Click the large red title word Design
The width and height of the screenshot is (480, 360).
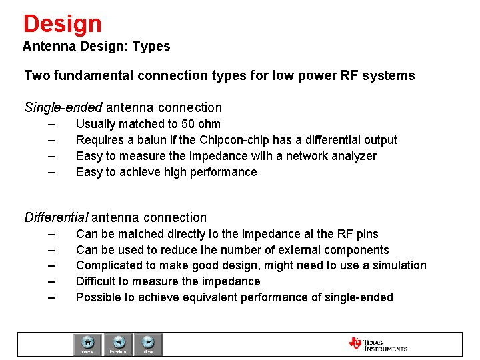tap(62, 24)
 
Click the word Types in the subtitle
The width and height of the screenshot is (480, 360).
tap(151, 47)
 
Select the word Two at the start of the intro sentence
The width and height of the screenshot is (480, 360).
tap(35, 75)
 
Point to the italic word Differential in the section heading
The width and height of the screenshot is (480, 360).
tap(56, 217)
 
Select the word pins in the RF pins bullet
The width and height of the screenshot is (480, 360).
tap(367, 234)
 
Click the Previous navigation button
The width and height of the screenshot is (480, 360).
tap(118, 344)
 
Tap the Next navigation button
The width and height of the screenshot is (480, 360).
tap(148, 344)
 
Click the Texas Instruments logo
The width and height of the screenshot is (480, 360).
tap(377, 344)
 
